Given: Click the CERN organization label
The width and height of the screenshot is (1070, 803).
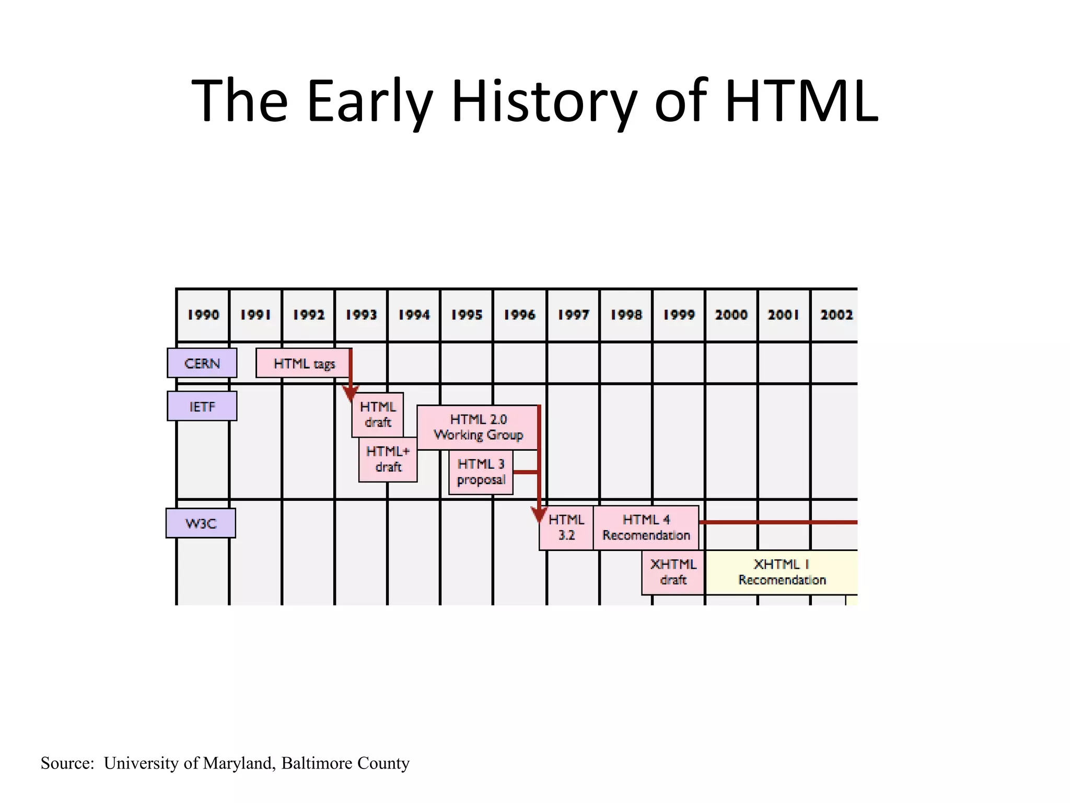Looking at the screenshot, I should point(202,363).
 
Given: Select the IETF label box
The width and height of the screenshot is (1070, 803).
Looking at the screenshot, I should point(202,406).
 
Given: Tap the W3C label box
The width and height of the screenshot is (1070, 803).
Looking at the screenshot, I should point(201,523).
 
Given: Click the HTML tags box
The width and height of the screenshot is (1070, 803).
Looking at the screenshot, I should point(303,363).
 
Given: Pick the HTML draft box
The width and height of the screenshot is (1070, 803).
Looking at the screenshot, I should point(377,415).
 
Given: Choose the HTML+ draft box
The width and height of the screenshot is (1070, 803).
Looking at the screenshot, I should point(388,459).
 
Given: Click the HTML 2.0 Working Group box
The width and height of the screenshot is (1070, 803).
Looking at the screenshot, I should point(478,427).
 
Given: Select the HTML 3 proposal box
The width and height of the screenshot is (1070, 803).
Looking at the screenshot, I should point(481,472).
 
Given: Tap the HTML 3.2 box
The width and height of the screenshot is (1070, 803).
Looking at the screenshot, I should point(566,527).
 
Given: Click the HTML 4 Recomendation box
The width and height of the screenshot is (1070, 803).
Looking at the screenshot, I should point(646,527).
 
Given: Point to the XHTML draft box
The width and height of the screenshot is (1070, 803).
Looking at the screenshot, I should point(673,572).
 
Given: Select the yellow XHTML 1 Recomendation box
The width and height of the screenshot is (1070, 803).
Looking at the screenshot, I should point(782,572).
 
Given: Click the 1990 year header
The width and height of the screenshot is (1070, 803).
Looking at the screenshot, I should point(203,315).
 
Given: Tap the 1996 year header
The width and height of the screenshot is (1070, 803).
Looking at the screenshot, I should point(519,315).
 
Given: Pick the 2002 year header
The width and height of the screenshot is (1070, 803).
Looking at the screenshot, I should point(836,315).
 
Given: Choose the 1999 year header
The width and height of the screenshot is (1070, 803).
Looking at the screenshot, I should point(679,315).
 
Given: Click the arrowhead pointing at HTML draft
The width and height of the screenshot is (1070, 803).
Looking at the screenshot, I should point(351,394).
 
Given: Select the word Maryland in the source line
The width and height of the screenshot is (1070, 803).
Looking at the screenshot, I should point(238,763).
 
